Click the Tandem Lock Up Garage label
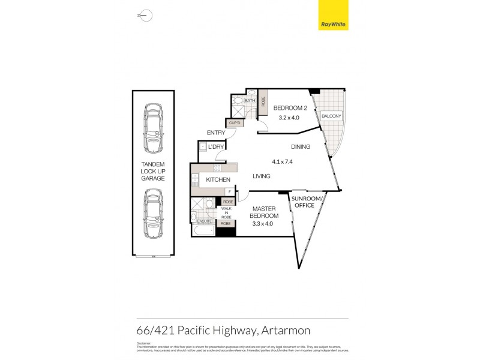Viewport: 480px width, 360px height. tap(152, 171)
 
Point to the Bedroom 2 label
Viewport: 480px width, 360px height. tap(289, 108)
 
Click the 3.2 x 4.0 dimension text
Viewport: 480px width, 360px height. tap(289, 118)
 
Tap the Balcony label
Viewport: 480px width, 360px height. tap(331, 116)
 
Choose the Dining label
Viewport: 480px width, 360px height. tap(301, 147)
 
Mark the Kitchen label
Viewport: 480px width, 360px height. tap(218, 179)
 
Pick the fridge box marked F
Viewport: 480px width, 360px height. tap(229, 191)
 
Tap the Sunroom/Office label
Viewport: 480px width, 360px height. tap(308, 202)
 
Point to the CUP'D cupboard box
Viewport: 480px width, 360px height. tap(234, 124)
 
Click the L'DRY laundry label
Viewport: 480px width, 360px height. tap(216, 146)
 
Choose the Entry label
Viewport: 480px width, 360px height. tap(215, 133)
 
